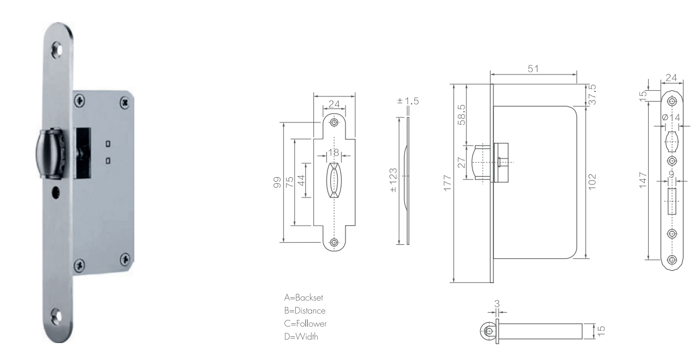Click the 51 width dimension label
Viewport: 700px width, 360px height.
click(533, 68)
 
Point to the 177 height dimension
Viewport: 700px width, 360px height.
click(448, 183)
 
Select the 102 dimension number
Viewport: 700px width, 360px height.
click(592, 182)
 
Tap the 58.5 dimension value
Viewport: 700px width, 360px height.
click(462, 115)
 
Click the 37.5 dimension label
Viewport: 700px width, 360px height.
click(592, 94)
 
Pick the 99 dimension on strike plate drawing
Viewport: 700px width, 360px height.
click(277, 182)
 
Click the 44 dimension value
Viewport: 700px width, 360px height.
click(301, 181)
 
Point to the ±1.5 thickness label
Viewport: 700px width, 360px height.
click(408, 101)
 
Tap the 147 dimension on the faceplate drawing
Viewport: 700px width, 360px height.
click(642, 180)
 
